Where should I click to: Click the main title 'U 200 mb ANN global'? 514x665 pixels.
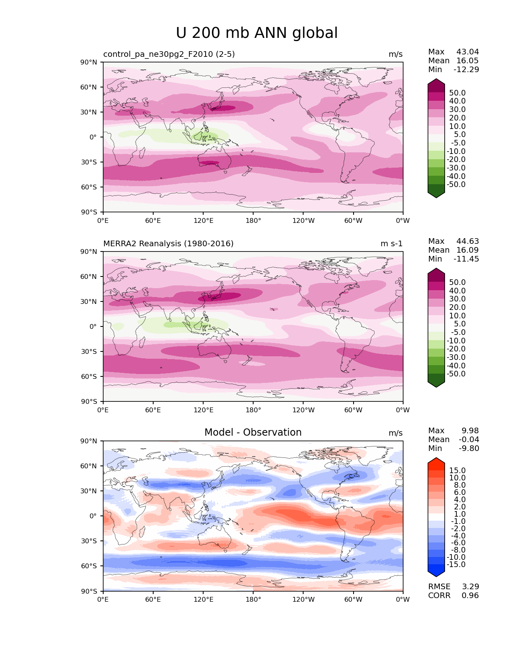257,33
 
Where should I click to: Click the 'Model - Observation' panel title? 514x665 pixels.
253,432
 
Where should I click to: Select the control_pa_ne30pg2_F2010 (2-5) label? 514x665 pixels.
169,54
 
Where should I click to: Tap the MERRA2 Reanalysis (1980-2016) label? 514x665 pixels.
168,244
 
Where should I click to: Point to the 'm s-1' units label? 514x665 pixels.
391,244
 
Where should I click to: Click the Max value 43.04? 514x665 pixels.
468,52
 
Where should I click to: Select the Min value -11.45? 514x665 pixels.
466,259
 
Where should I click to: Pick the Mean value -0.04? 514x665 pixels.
469,440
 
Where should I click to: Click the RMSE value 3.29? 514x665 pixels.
470,587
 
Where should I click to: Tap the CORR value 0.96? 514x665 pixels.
470,596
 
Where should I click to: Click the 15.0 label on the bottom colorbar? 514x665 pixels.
458,471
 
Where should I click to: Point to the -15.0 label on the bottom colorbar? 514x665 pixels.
456,565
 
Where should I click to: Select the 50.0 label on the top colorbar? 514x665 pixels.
458,93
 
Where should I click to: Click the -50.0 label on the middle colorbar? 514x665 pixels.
456,374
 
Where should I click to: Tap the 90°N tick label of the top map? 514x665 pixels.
89,62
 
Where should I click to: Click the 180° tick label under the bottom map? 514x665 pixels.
253,600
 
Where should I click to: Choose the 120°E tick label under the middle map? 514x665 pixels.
203,410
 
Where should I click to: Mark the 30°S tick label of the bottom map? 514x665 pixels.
89,541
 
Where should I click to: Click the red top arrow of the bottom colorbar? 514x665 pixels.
436,461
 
